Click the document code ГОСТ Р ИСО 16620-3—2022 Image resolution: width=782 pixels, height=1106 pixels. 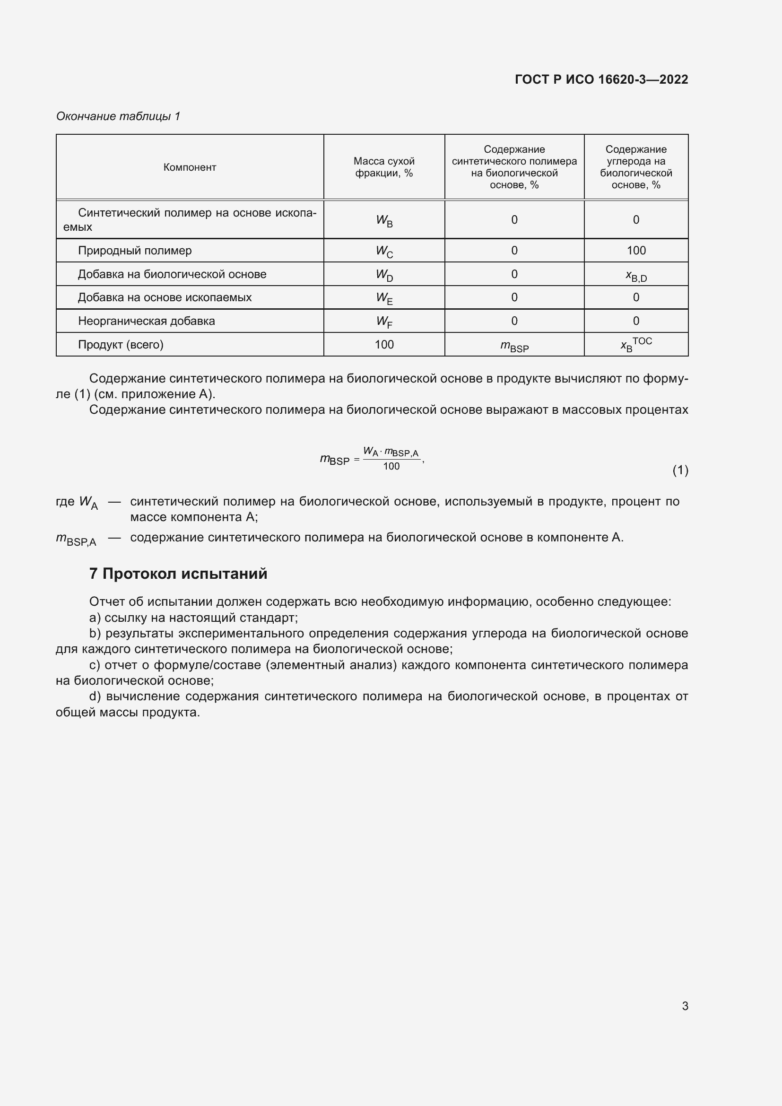[x=601, y=79]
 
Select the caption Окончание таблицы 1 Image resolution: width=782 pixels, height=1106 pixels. [x=118, y=116]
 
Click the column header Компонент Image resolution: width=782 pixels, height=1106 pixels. [x=190, y=167]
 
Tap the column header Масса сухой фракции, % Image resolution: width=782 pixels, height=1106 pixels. [x=384, y=167]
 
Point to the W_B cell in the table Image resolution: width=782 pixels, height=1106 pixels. [x=384, y=221]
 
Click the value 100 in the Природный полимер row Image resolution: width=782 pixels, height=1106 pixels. [x=635, y=251]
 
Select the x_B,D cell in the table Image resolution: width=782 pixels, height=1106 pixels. [x=635, y=276]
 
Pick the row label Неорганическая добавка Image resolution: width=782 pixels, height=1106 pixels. [x=147, y=321]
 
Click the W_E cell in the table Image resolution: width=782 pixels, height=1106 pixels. [x=384, y=298]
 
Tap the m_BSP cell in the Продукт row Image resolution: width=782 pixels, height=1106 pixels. [x=514, y=346]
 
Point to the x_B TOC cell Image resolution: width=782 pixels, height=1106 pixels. [x=635, y=344]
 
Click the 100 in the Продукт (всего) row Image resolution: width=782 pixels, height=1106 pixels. [x=384, y=344]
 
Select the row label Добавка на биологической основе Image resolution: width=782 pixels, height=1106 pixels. [x=172, y=274]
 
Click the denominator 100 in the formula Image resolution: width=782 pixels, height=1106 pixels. [x=391, y=466]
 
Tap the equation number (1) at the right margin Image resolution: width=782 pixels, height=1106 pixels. [x=680, y=470]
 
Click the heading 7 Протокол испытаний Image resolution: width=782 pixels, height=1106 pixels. [x=178, y=574]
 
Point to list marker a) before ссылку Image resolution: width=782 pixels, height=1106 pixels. [x=95, y=618]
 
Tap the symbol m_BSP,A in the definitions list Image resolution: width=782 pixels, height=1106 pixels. [x=76, y=539]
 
